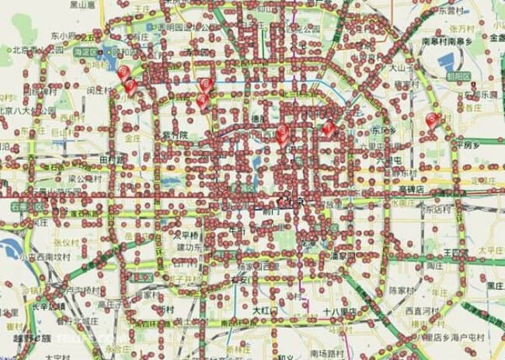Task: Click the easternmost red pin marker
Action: (x=433, y=120)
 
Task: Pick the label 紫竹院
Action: (x=175, y=135)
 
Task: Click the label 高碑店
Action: (x=412, y=189)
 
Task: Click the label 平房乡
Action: (x=471, y=144)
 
